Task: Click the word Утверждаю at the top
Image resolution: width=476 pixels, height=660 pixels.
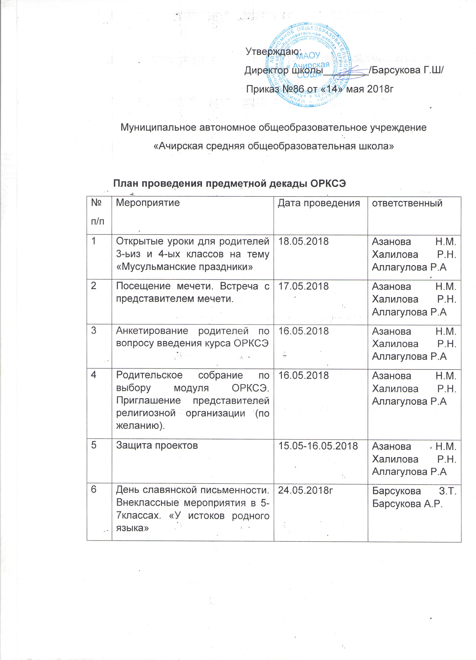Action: tap(272, 52)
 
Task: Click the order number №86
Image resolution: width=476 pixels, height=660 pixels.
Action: tap(292, 89)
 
